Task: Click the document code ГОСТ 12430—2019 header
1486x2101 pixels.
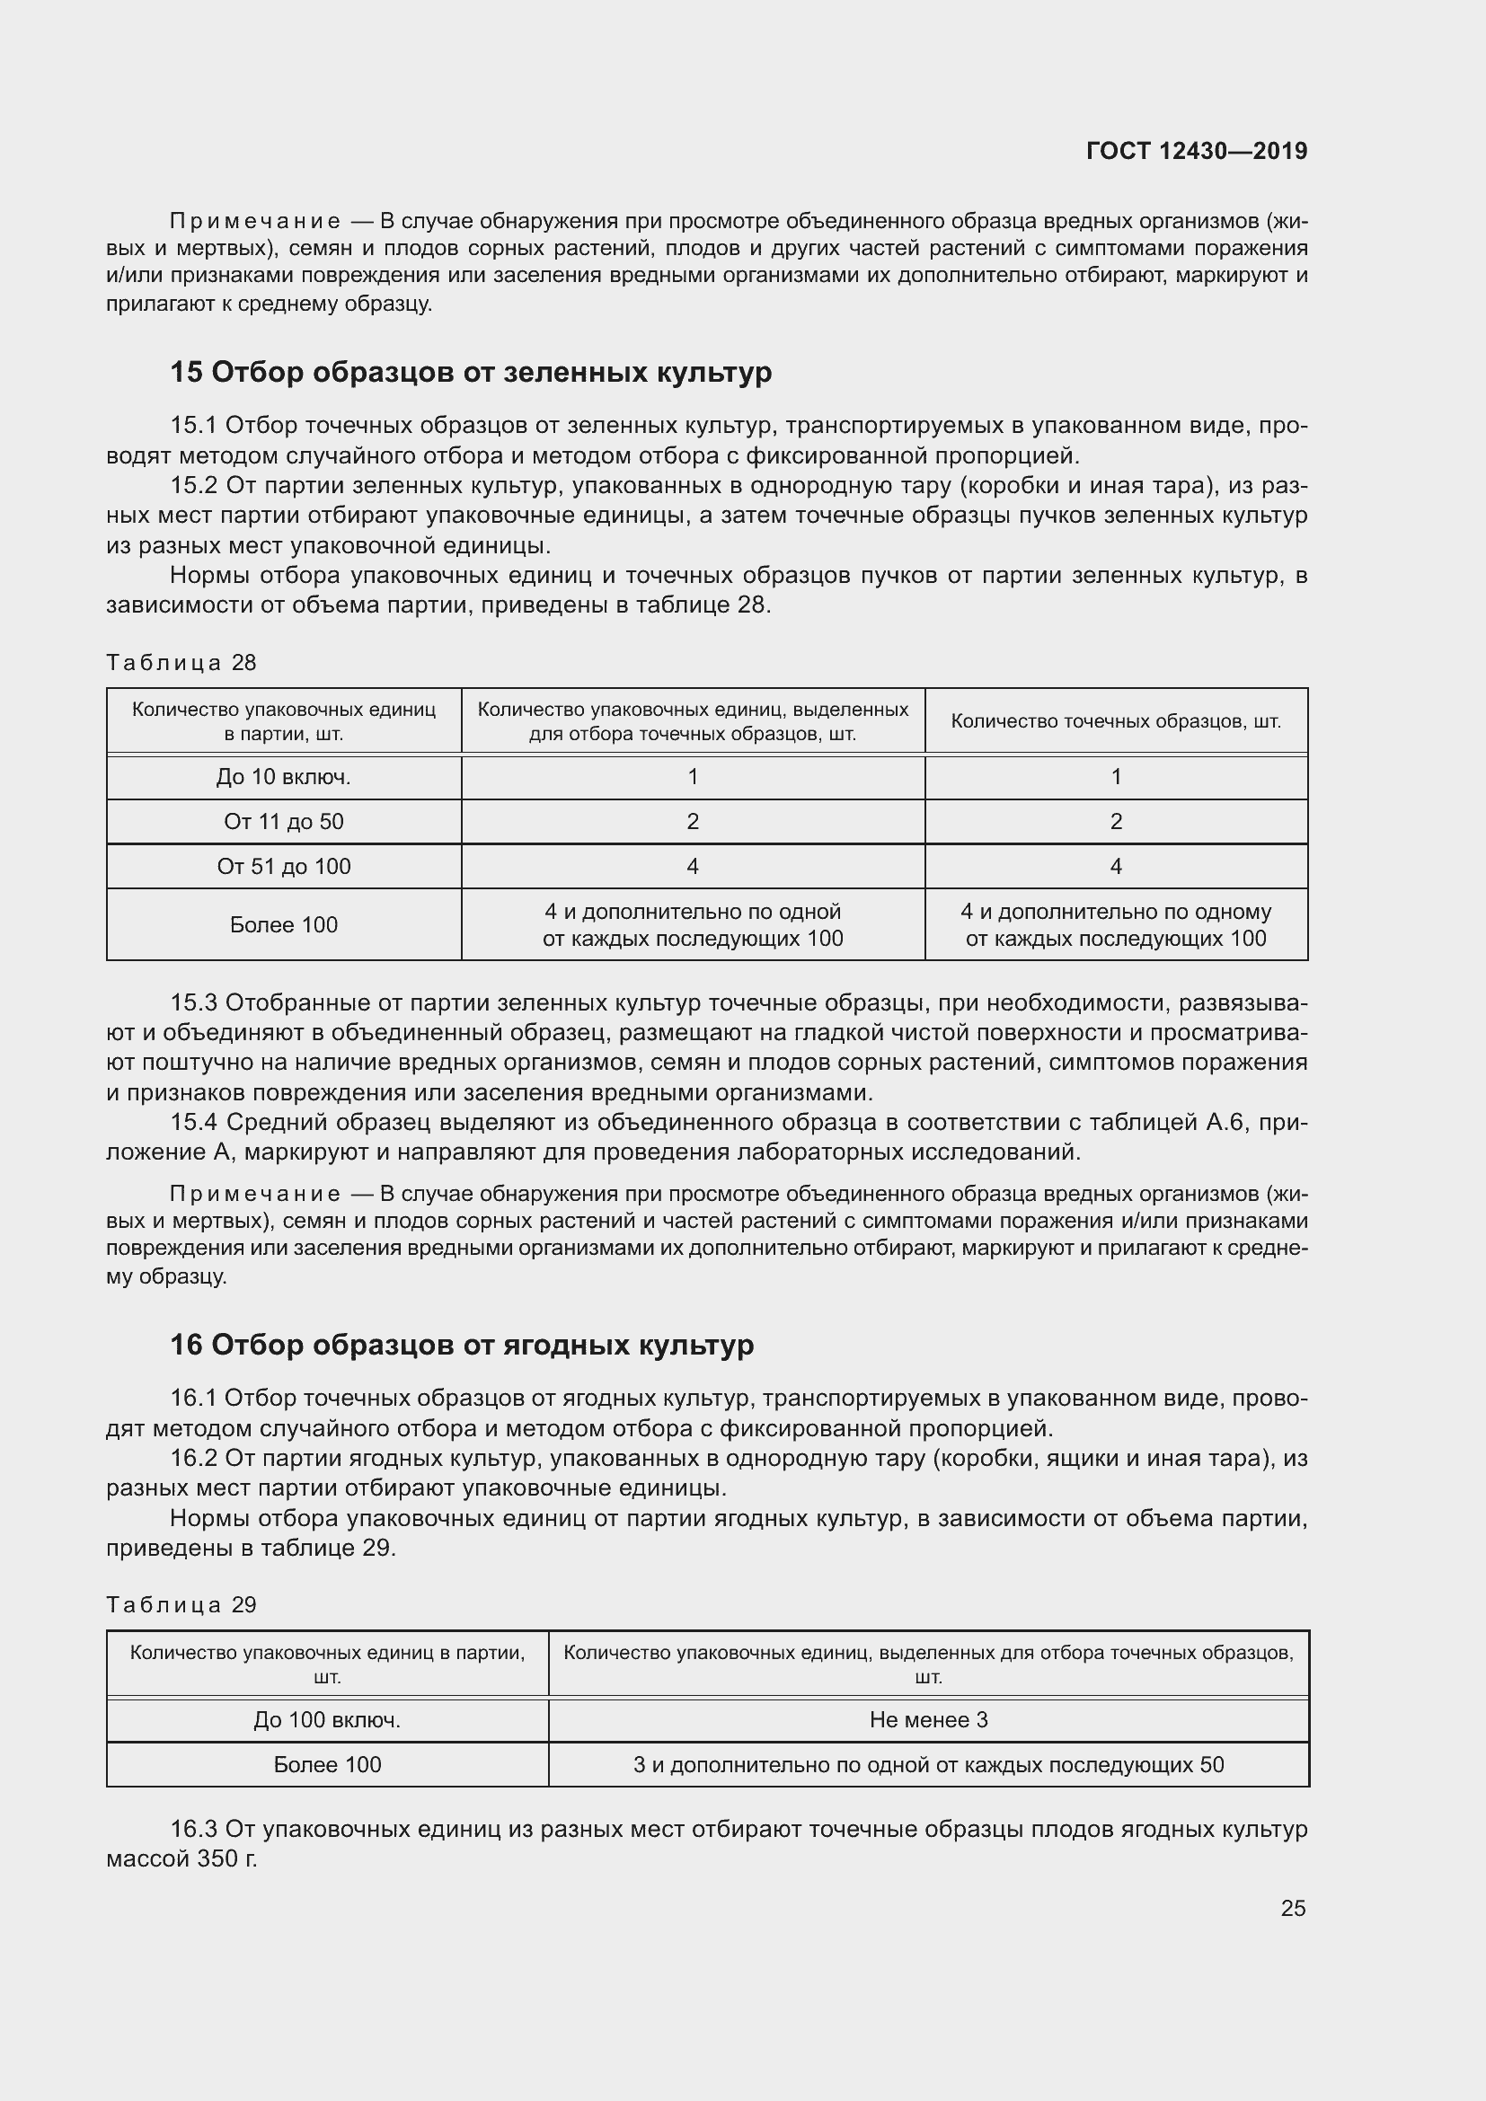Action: (x=1196, y=151)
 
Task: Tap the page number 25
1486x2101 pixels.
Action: (x=1292, y=1908)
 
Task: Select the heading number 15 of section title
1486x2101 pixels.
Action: (x=186, y=373)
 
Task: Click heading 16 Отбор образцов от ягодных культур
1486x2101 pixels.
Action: (x=462, y=1346)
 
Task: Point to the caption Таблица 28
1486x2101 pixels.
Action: (x=181, y=663)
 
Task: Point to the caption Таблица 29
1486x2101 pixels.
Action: (x=181, y=1605)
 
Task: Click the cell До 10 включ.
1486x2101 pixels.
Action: (x=284, y=777)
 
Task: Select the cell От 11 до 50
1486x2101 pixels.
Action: (x=284, y=822)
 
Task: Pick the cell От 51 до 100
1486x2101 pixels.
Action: (x=284, y=867)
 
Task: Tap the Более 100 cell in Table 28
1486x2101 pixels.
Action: (x=284, y=925)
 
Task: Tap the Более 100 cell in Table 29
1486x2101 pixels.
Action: (x=327, y=1765)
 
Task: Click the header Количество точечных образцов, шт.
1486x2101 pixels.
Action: (x=1116, y=721)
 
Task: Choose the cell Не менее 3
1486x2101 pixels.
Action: (x=928, y=1720)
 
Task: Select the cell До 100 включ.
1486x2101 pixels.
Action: (x=327, y=1720)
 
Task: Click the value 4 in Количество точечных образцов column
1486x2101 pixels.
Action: (x=1116, y=867)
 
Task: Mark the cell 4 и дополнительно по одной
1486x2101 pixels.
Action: (x=693, y=925)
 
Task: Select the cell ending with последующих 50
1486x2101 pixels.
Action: (x=928, y=1765)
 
